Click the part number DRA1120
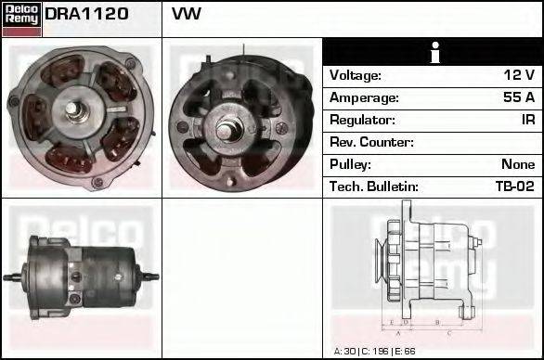pos(86,15)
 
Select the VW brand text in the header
pos(187,15)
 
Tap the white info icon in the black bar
pos(433,53)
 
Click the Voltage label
pos(356,75)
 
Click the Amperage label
pos(365,97)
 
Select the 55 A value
pos(517,97)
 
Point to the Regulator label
pos(363,120)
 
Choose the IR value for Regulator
pos(527,120)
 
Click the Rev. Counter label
pos(371,142)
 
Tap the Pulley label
pos(350,164)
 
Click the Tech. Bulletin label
pos(373,186)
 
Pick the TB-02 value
pos(514,186)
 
